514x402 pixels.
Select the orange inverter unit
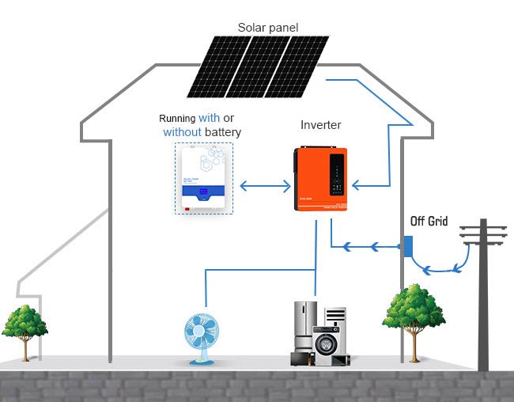pos(319,180)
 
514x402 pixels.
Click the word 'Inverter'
pos(320,125)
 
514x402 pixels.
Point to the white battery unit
pos(205,179)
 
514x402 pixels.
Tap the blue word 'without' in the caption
pos(183,132)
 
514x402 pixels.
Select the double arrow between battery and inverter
pos(265,187)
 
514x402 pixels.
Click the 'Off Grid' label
pos(429,222)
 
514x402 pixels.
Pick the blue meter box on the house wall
pos(408,246)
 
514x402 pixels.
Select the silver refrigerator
pos(304,331)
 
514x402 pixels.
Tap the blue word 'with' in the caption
pos(210,118)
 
